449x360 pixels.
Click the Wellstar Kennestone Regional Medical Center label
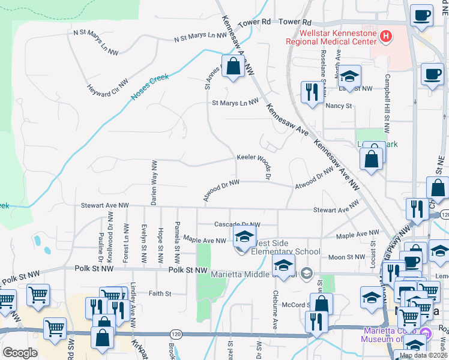point(330,37)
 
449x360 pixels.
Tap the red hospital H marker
point(386,37)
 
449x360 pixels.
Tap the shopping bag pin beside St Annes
point(233,67)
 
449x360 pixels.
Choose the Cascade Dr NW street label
point(237,224)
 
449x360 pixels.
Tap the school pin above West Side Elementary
point(244,237)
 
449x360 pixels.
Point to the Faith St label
point(160,293)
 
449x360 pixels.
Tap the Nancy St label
point(339,106)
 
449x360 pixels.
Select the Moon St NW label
point(347,257)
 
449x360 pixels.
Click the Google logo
point(20,352)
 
